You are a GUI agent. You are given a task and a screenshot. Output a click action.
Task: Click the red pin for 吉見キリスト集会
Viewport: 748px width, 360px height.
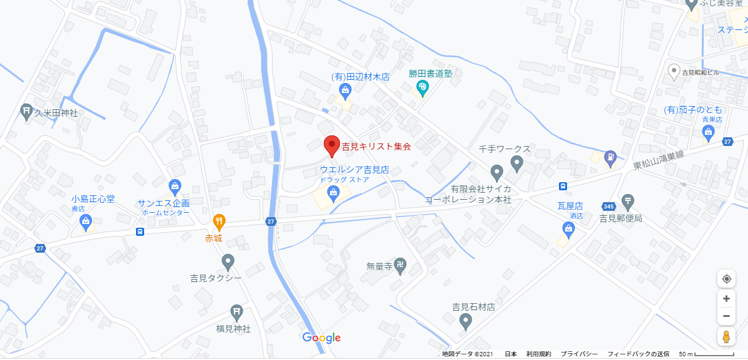point(333,145)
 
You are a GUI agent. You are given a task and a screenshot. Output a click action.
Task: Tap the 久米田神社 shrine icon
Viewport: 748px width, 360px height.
point(26,112)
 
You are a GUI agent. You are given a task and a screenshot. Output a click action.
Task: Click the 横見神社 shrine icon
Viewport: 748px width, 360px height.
point(236,311)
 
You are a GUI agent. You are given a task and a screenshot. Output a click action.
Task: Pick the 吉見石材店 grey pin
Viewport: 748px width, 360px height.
point(465,321)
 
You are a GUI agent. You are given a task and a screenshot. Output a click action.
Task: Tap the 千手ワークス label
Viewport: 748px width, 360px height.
point(504,149)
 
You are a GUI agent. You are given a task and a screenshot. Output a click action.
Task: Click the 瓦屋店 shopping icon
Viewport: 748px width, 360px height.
point(568,230)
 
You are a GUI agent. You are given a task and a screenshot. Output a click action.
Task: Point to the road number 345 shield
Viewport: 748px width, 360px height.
point(609,207)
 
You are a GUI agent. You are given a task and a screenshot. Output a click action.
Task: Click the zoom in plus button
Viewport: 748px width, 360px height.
point(726,299)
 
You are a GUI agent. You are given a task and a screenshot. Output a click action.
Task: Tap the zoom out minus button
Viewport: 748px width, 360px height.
point(726,316)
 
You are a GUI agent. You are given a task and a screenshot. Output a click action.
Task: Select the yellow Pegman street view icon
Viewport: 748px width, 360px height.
point(726,337)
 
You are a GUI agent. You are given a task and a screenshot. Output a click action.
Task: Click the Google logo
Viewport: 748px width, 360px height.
point(321,338)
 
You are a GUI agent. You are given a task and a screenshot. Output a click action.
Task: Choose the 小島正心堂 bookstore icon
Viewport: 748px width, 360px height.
point(86,220)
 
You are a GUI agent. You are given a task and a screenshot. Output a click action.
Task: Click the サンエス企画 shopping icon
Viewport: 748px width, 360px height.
point(175,186)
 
